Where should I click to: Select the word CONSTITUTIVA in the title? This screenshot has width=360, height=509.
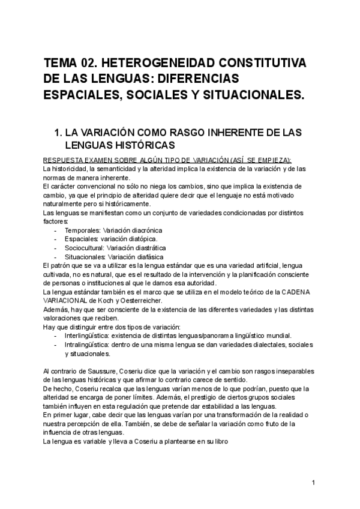pyautogui.click(x=261, y=64)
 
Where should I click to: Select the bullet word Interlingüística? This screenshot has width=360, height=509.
pyautogui.click(x=88, y=335)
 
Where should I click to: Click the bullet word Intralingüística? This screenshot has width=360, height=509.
pyautogui.click(x=88, y=344)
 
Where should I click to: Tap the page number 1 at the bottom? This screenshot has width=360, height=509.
pyautogui.click(x=313, y=483)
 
